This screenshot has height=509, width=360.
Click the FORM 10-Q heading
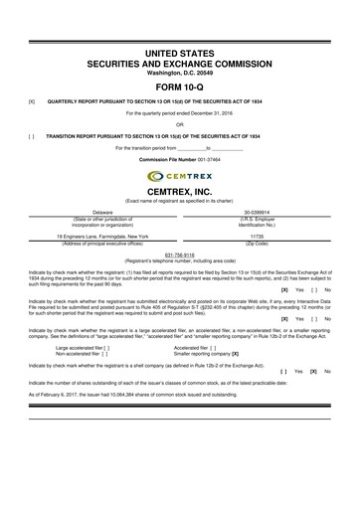(180, 85)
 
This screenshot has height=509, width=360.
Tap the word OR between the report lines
(180, 124)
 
